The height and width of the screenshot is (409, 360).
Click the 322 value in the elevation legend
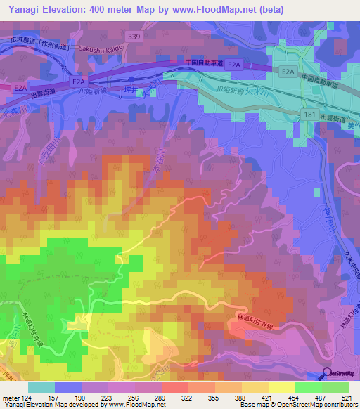pyautogui.click(x=188, y=398)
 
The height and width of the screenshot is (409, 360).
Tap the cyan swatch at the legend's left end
pyautogui.click(x=41, y=387)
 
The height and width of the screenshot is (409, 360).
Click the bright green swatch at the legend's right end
pyautogui.click(x=336, y=387)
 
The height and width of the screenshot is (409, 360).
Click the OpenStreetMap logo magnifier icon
pyautogui.click(x=327, y=372)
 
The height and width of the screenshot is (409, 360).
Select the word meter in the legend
pyautogui.click(x=11, y=398)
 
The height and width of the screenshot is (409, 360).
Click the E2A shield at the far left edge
pyautogui.click(x=20, y=89)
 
